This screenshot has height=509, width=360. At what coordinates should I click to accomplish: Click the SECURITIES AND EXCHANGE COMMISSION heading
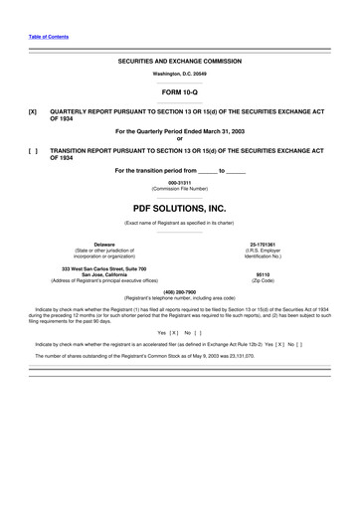[x=180, y=61]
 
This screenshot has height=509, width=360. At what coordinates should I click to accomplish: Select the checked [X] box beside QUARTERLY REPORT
[x=33, y=112]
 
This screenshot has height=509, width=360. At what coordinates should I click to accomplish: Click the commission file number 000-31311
[x=180, y=182]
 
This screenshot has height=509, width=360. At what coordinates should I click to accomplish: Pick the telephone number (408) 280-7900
[x=180, y=291]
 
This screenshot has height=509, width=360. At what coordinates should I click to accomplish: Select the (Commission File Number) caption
[x=180, y=188]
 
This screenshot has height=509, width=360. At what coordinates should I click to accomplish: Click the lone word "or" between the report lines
[x=180, y=138]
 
